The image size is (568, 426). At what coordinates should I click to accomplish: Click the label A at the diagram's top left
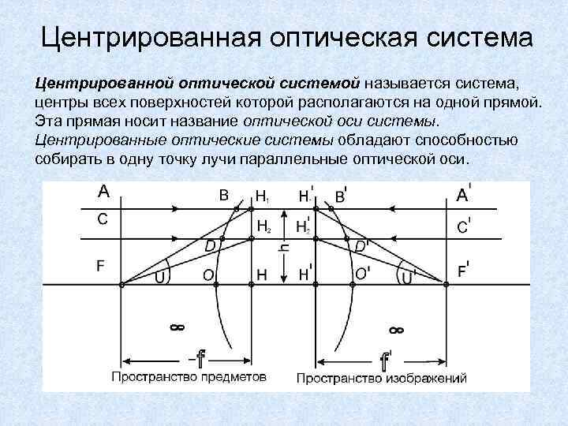(x=103, y=191)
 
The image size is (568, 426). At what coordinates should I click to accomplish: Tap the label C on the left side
(x=103, y=219)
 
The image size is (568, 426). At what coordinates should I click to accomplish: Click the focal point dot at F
(x=121, y=284)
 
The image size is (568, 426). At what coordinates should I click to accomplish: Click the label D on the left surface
(x=211, y=246)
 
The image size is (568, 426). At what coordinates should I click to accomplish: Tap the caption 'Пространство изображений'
(x=382, y=378)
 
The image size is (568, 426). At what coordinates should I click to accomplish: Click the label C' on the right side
(x=466, y=226)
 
